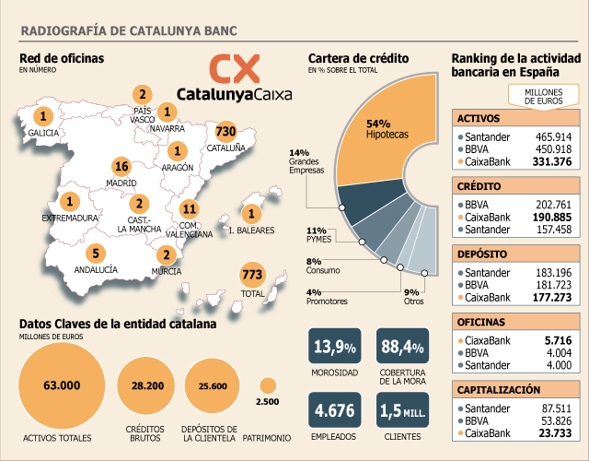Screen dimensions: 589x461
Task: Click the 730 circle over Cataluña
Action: click(x=225, y=131)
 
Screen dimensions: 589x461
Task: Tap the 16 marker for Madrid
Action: click(x=121, y=167)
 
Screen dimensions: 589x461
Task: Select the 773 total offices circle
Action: click(x=252, y=275)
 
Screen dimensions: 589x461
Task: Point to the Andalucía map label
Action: click(x=96, y=269)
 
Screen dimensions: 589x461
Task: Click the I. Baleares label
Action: click(x=251, y=230)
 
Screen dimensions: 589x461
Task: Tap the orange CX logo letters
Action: click(x=235, y=68)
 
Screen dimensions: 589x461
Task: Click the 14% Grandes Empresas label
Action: click(x=306, y=161)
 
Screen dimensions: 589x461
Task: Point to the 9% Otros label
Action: click(x=413, y=297)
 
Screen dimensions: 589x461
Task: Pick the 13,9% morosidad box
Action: click(x=335, y=346)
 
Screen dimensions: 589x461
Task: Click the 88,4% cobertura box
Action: click(x=402, y=346)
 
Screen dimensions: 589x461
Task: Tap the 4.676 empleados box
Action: click(x=335, y=409)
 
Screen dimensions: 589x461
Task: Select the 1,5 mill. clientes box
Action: click(x=402, y=409)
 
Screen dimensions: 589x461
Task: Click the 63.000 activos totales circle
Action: click(x=62, y=385)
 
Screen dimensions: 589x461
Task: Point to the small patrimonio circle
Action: click(x=268, y=385)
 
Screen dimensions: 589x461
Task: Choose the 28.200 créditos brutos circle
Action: click(x=146, y=385)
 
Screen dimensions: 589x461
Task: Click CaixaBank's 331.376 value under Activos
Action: click(x=552, y=162)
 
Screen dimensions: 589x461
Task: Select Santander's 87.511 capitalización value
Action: click(x=557, y=408)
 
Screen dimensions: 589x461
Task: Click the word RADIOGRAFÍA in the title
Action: click(x=64, y=30)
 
